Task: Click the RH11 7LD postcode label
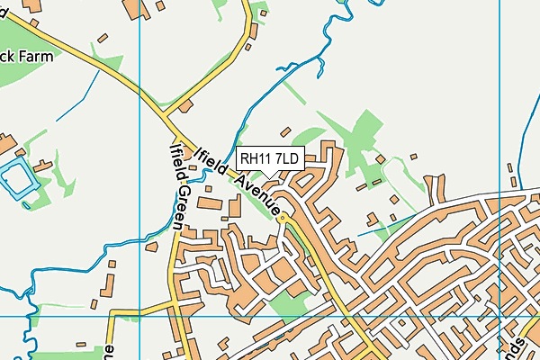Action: (x=270, y=158)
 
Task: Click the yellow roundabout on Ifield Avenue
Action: (x=283, y=218)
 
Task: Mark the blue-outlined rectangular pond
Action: (x=15, y=179)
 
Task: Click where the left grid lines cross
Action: (x=140, y=316)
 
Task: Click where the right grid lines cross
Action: (x=499, y=316)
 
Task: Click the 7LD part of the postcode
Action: (x=287, y=158)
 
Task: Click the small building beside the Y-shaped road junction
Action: (x=186, y=107)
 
